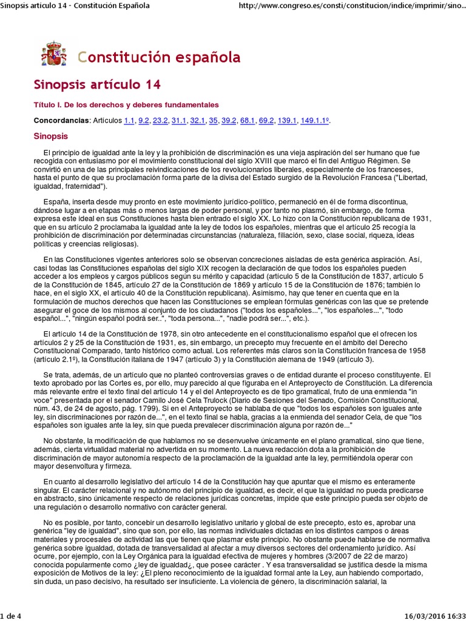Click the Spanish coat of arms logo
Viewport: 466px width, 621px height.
(53, 53)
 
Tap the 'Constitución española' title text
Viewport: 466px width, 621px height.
(159, 57)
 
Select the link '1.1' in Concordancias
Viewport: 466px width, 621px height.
(129, 121)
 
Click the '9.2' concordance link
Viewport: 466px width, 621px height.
(144, 121)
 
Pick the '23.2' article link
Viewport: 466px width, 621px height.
(160, 121)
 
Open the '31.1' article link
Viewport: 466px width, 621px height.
(179, 121)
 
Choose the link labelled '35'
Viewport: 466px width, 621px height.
(213, 121)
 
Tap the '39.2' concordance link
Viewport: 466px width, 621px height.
(229, 121)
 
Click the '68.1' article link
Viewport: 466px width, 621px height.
(248, 121)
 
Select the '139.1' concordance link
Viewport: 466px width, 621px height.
(287, 121)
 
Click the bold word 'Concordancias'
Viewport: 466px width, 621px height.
(61, 121)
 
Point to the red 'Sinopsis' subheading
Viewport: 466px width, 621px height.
(51, 136)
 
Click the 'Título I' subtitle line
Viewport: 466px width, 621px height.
(126, 105)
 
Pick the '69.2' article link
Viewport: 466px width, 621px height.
(266, 121)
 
